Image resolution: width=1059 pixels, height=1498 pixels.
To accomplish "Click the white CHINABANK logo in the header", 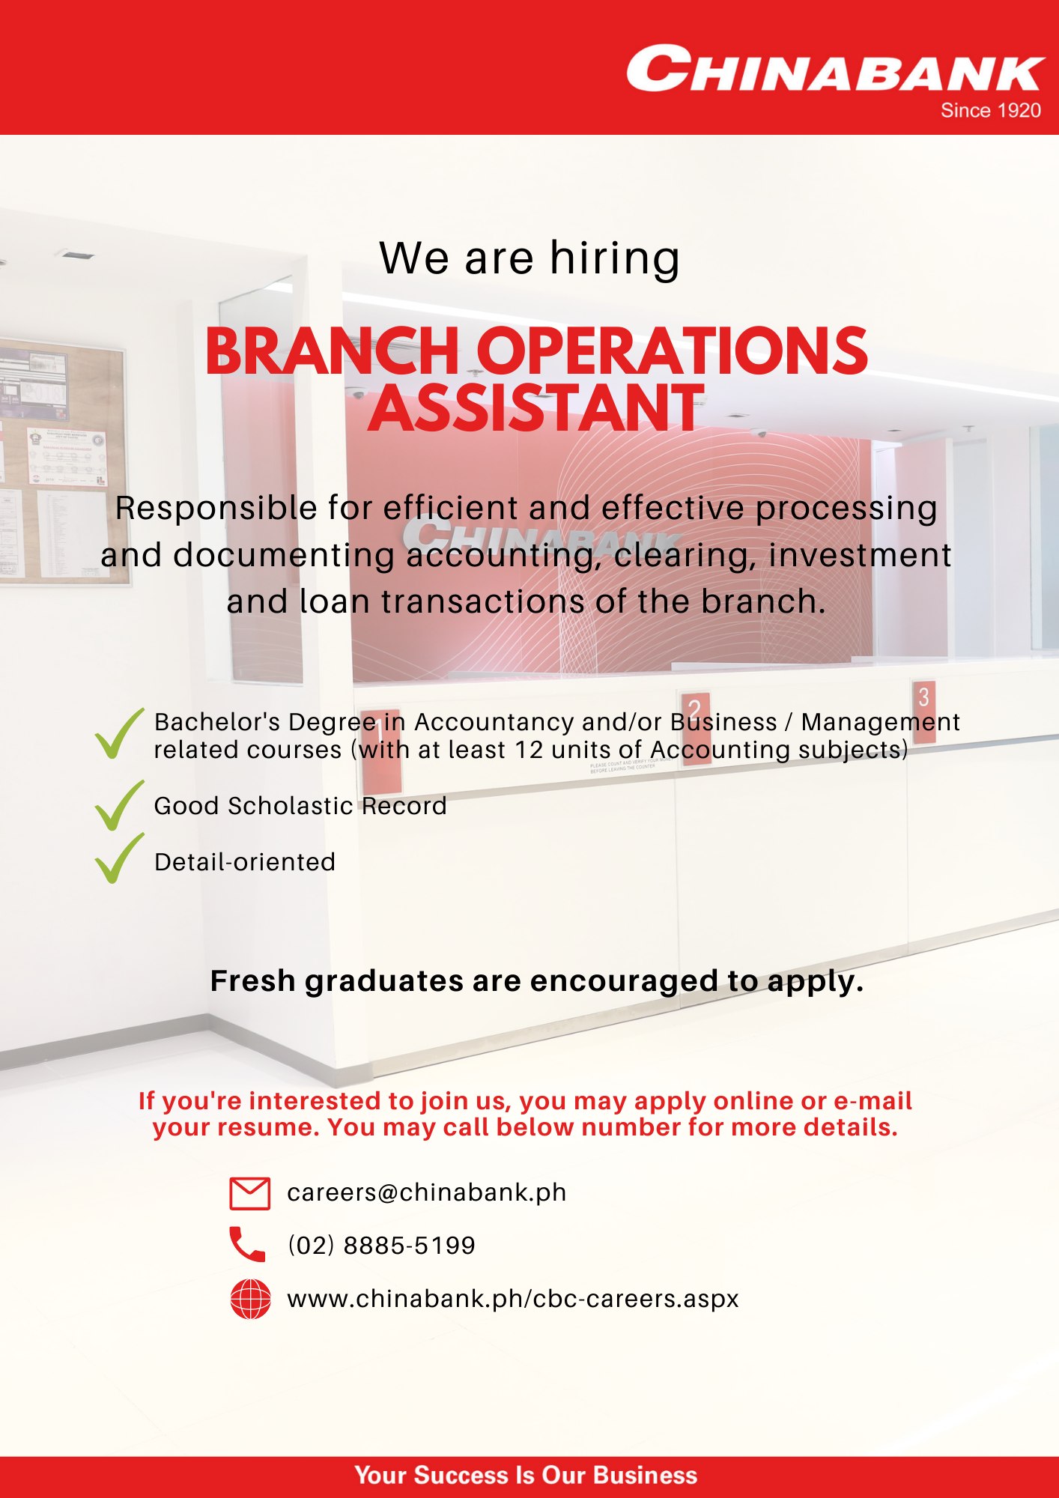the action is pos(835,69).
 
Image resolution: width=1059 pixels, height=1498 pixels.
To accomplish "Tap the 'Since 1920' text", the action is pos(991,111).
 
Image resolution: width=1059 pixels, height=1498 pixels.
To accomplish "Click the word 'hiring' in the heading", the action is pos(615,258).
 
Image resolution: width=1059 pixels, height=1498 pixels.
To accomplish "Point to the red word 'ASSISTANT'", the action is pos(536,408).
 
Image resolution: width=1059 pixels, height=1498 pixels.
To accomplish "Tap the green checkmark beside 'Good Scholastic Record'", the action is pos(119,805).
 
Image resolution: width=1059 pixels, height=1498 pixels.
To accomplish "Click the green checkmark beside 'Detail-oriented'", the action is pos(119,858).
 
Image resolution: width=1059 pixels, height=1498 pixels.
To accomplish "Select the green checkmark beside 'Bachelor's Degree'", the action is pos(119,734).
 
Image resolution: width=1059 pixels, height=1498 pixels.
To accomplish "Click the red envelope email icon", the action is pos(249,1193).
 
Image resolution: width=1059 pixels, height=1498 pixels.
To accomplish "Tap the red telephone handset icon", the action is pos(247,1245).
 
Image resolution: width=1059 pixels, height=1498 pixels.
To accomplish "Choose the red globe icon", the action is pos(250,1299).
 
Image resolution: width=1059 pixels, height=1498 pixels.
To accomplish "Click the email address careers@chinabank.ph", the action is pos(427,1192).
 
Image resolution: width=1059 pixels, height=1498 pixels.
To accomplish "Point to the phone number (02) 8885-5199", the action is pos(382,1246).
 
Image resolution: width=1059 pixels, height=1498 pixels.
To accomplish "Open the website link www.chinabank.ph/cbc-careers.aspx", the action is pos(513,1299).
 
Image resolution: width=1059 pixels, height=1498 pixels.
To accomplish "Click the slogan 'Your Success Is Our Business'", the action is pos(526,1475).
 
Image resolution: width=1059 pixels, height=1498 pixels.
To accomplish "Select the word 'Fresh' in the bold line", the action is pos(253,981).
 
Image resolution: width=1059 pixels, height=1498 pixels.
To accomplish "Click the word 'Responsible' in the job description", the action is pos(216,509).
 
